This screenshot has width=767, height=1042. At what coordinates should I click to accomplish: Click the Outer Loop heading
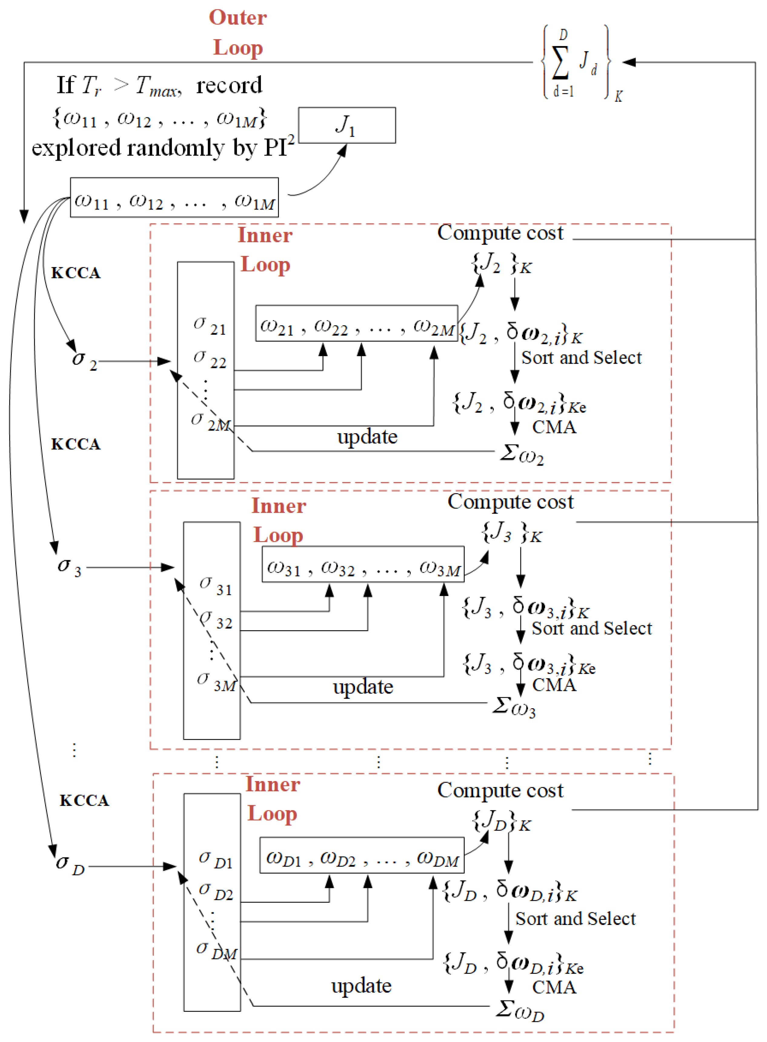[x=238, y=32]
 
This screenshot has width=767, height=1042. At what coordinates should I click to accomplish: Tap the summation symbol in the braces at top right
[x=560, y=63]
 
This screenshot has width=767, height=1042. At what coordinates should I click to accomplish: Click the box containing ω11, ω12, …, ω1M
[x=174, y=197]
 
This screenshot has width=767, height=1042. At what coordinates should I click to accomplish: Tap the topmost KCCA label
[x=76, y=273]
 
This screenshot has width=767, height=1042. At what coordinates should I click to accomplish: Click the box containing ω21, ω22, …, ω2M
[x=356, y=323]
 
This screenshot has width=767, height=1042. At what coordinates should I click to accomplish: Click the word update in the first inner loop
[x=367, y=437]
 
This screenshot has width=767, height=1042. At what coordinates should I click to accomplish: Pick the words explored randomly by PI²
[x=162, y=148]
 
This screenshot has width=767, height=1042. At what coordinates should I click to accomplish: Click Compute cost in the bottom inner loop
[x=500, y=791]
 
